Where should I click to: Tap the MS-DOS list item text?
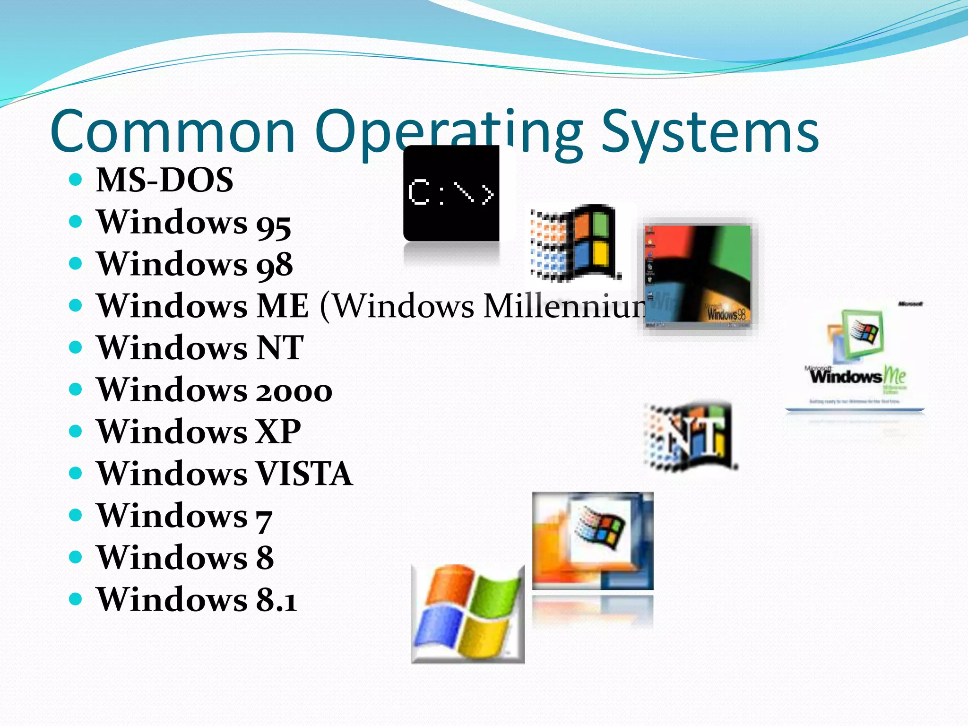coord(164,180)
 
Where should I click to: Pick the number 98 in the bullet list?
coord(274,266)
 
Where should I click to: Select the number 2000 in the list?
coord(294,391)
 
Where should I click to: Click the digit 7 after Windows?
coord(264,518)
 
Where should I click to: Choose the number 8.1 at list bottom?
coord(277,600)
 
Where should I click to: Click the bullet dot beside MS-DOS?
coord(76,180)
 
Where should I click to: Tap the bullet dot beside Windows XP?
coord(76,431)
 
